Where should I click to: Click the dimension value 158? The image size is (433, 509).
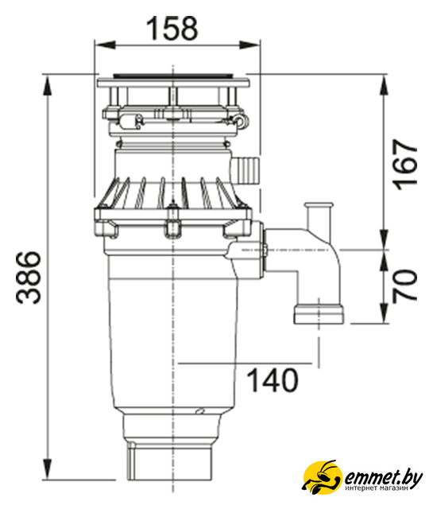click(x=172, y=29)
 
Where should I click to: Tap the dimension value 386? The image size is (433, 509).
click(x=29, y=278)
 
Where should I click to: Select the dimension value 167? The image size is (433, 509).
click(x=404, y=165)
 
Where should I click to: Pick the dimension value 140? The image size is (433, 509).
click(x=273, y=380)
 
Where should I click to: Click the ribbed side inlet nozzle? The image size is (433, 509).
click(x=246, y=170)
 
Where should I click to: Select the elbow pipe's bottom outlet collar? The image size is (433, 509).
click(x=319, y=314)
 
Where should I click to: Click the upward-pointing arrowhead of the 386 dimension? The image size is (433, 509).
click(x=48, y=86)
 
